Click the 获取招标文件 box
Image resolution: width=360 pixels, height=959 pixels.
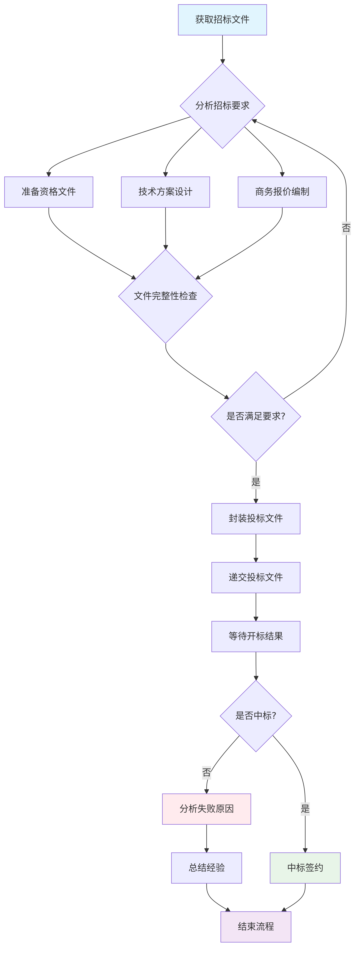(222, 20)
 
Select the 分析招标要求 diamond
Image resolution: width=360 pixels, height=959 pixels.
(222, 106)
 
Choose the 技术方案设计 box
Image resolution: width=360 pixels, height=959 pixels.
(165, 192)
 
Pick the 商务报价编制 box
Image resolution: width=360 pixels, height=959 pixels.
(282, 192)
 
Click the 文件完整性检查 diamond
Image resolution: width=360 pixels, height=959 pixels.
(165, 296)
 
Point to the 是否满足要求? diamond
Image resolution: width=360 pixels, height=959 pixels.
(256, 416)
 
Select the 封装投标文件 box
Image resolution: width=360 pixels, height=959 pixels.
(256, 518)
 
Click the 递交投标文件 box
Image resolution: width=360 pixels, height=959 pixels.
(256, 577)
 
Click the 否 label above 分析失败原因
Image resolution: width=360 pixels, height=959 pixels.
(207, 772)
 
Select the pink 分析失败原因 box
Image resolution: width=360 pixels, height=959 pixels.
(207, 809)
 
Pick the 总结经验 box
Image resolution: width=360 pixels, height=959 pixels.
(207, 867)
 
